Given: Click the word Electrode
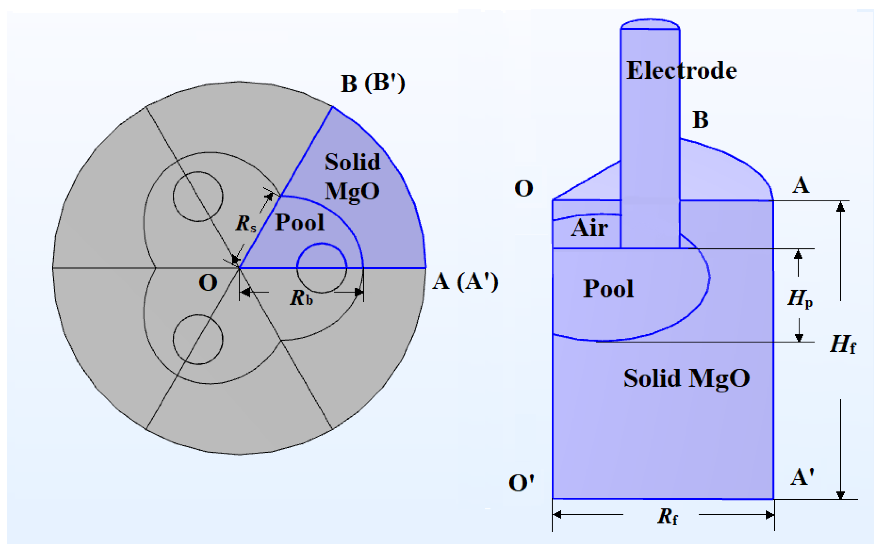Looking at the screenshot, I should click(x=681, y=71).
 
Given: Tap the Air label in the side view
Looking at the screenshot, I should click(x=589, y=228).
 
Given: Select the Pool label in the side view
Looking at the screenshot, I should click(x=608, y=289).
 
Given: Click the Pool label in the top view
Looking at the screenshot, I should click(x=299, y=222).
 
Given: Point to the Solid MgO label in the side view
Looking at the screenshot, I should click(x=686, y=378).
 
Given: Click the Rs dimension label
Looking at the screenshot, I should click(x=245, y=223).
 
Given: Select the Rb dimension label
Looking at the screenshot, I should click(x=301, y=298).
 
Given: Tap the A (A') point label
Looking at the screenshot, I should click(x=465, y=282).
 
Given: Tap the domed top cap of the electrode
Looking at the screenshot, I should click(x=650, y=24).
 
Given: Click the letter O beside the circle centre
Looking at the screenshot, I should click(x=208, y=282).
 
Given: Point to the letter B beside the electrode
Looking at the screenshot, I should click(x=700, y=120).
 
